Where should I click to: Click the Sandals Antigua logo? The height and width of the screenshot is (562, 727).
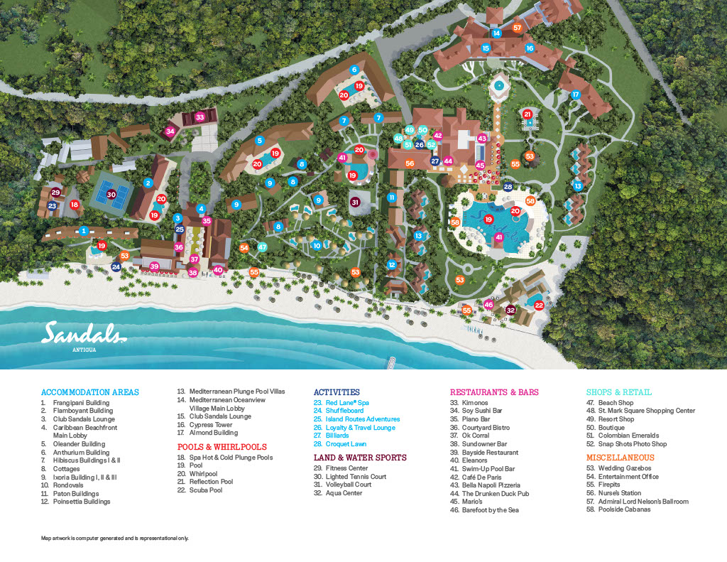tap(84, 334)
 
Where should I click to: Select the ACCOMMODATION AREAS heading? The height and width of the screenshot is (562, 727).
tap(90, 392)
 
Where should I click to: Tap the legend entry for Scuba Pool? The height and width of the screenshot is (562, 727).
tap(205, 490)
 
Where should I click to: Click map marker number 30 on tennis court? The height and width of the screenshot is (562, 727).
tap(111, 194)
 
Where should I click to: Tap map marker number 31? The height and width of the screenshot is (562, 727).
tap(356, 202)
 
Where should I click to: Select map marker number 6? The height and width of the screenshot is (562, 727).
tap(354, 70)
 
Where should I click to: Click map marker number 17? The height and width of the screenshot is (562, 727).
tap(576, 94)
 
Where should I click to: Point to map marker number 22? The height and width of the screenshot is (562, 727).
tap(539, 306)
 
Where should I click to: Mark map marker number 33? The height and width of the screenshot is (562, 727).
tap(200, 117)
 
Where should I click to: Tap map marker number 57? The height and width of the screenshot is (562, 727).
tap(518, 28)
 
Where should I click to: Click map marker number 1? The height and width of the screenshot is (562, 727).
tap(84, 230)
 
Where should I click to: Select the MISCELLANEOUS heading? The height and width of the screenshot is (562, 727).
tap(610, 458)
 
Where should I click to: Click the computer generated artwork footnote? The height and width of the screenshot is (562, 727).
tap(114, 538)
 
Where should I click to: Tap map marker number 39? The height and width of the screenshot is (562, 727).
tap(154, 266)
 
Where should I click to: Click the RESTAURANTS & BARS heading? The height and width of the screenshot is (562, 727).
tap(494, 392)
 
